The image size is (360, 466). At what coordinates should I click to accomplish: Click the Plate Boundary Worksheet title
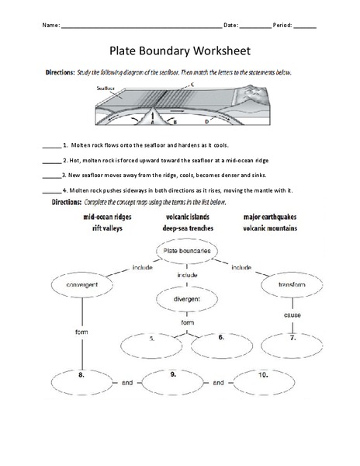coord(179,51)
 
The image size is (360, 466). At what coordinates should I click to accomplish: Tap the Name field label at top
coord(51,26)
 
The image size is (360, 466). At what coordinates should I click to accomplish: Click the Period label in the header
coord(282,26)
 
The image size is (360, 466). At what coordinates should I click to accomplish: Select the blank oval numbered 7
coord(292,339)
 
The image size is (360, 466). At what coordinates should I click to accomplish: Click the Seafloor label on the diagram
coord(106,89)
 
